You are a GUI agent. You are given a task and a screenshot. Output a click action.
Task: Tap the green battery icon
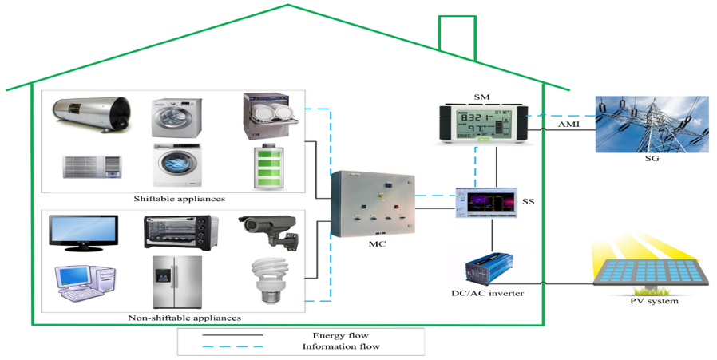pos(269,167)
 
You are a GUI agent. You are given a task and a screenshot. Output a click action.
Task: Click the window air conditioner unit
pos(92,167)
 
